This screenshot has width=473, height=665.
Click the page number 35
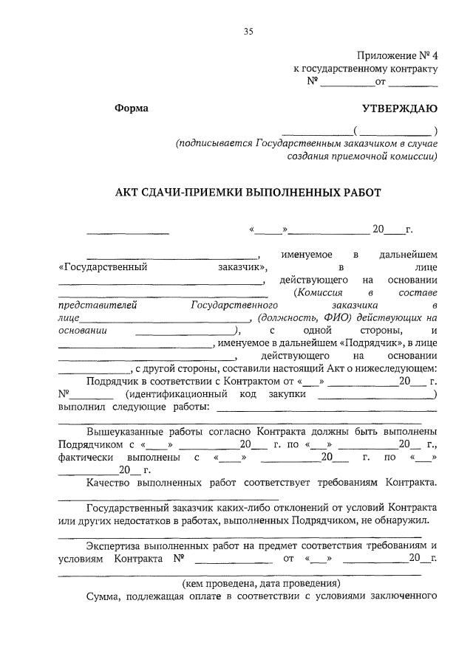248,31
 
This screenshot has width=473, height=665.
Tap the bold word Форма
132,108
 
